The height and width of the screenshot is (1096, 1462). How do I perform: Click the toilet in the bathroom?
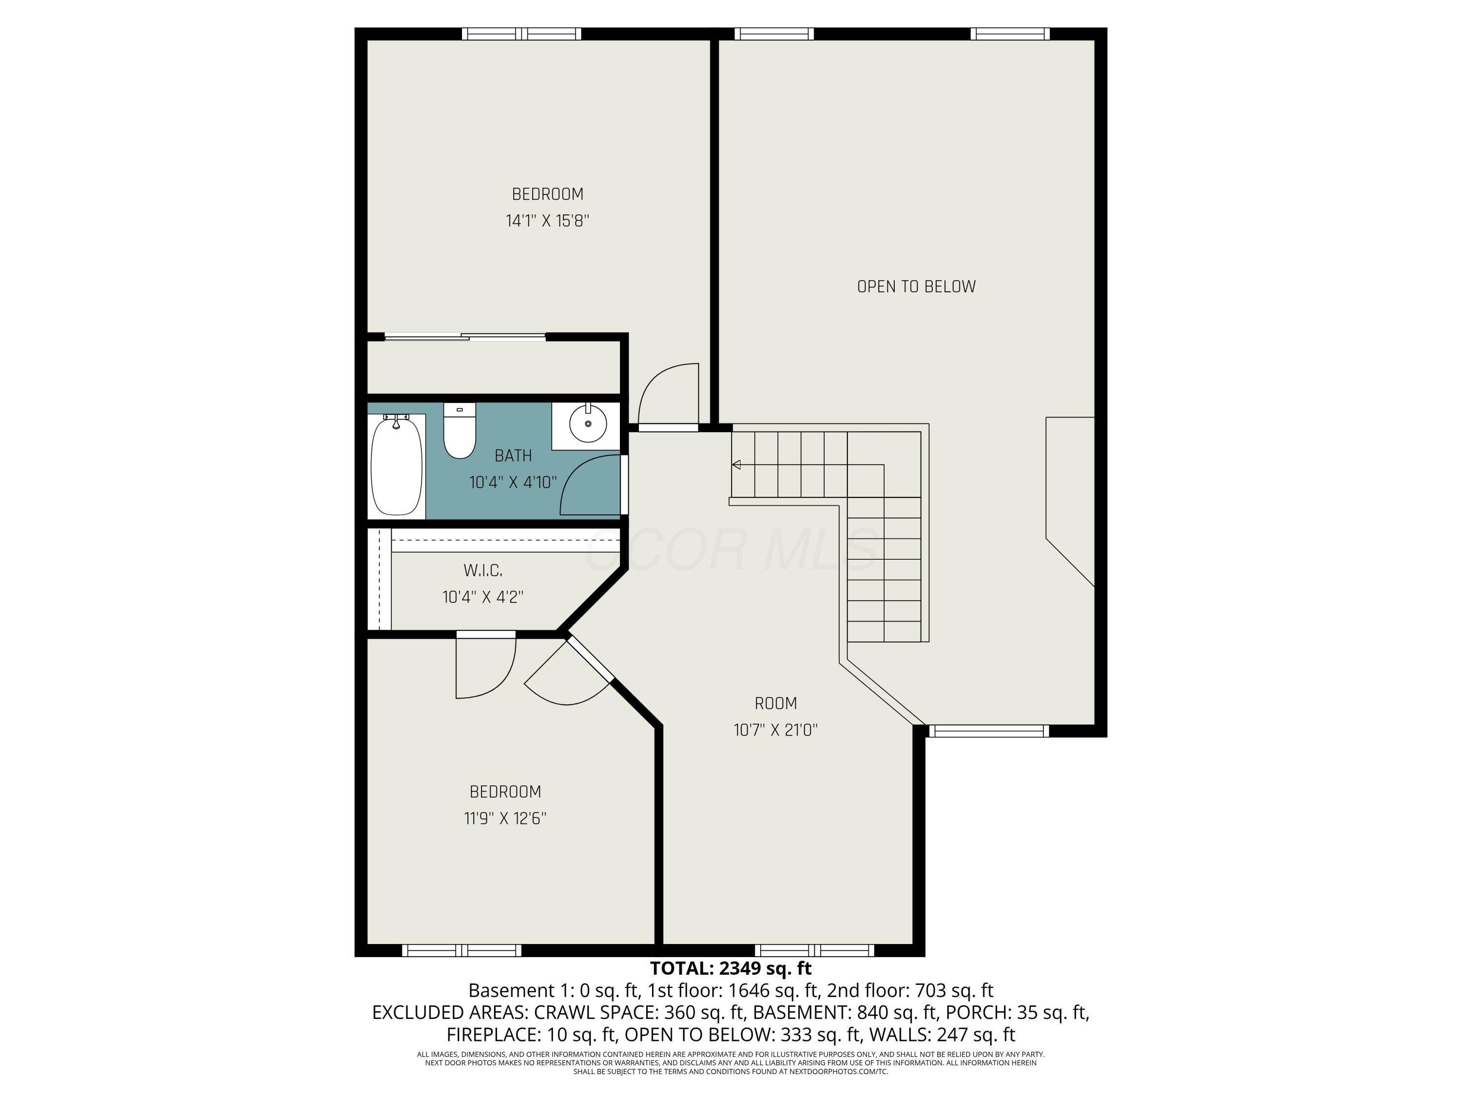pyautogui.click(x=460, y=430)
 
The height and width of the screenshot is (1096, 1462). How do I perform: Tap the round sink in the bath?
pyautogui.click(x=588, y=423)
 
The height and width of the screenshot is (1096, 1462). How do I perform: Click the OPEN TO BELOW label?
pyautogui.click(x=916, y=287)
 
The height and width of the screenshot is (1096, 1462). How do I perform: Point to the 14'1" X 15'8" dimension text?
pyautogui.click(x=547, y=221)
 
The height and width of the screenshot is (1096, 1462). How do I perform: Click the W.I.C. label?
pyautogui.click(x=482, y=570)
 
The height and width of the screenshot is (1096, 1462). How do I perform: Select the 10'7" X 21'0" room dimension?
pyautogui.click(x=775, y=730)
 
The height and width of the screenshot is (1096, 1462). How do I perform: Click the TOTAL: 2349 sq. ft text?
pyautogui.click(x=731, y=968)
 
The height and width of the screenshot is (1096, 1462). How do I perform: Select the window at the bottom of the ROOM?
pyautogui.click(x=814, y=951)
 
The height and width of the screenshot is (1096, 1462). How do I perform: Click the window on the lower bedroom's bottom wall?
pyautogui.click(x=462, y=951)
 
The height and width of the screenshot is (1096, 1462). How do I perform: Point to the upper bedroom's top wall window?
pyautogui.click(x=521, y=34)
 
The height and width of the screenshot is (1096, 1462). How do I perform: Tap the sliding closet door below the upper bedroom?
pyautogui.click(x=465, y=337)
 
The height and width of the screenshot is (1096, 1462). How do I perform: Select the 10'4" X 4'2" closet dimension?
pyautogui.click(x=482, y=597)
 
